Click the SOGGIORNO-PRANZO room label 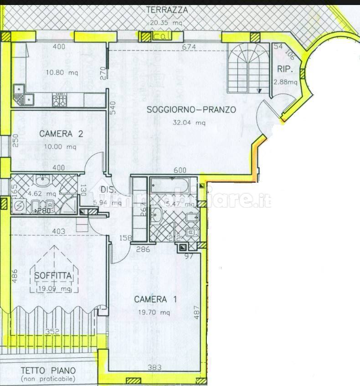(191, 110)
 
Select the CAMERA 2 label (61, 134)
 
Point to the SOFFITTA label (53, 276)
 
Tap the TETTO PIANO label (47, 371)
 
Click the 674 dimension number (189, 47)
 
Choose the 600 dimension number (180, 170)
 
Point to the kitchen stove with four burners (60, 99)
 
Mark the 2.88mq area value (285, 82)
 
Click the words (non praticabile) (48, 379)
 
